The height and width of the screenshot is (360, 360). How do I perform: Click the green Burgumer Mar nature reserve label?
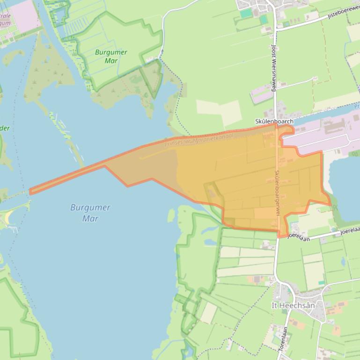click(x=111, y=56)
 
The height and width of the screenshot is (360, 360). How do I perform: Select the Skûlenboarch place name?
click(x=274, y=122)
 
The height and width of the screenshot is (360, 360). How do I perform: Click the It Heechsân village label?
click(x=294, y=305)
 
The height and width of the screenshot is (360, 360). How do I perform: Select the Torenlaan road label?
click(x=283, y=338)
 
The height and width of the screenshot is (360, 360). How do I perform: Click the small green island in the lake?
click(x=171, y=216)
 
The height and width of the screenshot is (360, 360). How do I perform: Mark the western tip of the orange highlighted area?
click(x=30, y=191)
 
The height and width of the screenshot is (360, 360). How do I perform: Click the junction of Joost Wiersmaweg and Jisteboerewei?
click(x=276, y=29)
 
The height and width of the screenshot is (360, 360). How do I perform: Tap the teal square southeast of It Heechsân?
click(x=321, y=283)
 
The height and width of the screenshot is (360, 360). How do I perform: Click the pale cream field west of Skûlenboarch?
click(x=218, y=110)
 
